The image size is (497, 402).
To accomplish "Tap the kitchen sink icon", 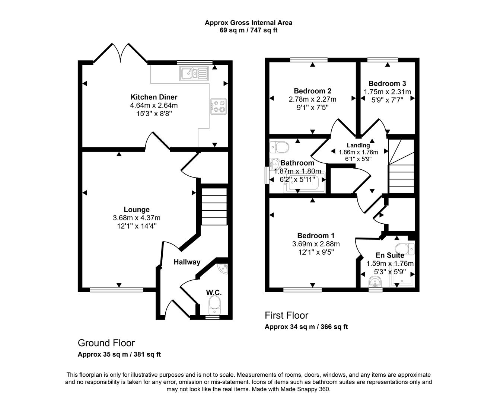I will (x=194, y=73).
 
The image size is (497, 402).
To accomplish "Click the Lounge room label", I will (x=137, y=210).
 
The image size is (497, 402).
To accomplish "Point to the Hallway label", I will (x=187, y=262).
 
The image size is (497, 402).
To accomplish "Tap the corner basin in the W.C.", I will (x=223, y=267).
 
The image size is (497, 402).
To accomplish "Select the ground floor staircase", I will (x=214, y=207).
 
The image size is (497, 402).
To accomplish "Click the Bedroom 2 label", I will (x=312, y=91).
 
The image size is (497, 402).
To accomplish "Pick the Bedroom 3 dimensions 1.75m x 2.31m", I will (x=387, y=92).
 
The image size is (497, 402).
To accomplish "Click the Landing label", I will (x=358, y=145).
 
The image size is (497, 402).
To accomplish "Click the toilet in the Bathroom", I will (x=279, y=147).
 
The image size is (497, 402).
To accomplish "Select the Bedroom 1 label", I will (x=316, y=236).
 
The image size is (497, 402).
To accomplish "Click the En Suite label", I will (x=390, y=255).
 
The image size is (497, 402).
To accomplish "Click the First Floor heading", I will (x=286, y=315).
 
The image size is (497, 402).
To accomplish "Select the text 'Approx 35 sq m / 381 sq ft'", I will (x=119, y=354).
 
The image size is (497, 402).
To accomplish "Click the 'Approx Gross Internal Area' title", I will (x=248, y=23).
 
